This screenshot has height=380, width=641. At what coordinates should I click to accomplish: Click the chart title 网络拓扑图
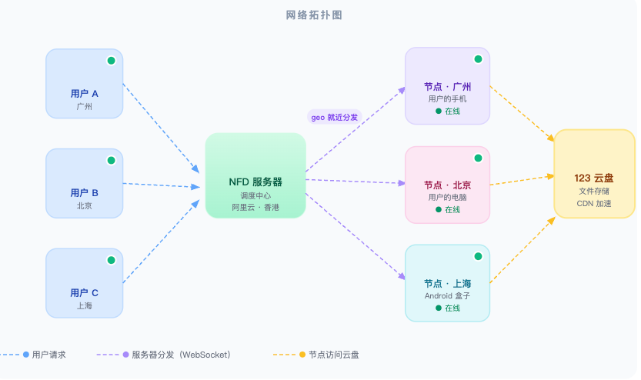(319, 15)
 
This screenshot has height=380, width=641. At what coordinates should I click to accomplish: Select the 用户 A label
(85, 94)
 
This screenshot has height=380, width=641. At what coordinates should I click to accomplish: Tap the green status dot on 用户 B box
(111, 160)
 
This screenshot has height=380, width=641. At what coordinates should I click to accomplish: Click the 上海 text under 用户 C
(85, 305)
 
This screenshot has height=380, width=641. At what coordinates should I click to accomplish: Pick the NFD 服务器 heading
(255, 182)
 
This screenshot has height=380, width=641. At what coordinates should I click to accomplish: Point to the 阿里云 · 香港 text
(255, 208)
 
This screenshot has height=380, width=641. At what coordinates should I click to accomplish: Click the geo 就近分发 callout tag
(334, 117)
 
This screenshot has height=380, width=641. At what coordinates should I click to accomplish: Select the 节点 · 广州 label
(447, 87)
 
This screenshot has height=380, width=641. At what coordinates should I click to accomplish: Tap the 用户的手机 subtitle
(447, 99)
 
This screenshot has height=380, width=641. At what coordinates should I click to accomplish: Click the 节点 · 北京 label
(447, 185)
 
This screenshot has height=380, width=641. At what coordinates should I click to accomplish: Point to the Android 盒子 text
(447, 295)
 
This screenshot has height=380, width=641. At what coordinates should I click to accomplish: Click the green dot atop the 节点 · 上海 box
(478, 256)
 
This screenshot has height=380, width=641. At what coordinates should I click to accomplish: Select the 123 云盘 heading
(594, 178)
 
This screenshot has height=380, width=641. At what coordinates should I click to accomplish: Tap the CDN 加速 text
(594, 203)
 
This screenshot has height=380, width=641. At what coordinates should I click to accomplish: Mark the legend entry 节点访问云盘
(333, 355)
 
